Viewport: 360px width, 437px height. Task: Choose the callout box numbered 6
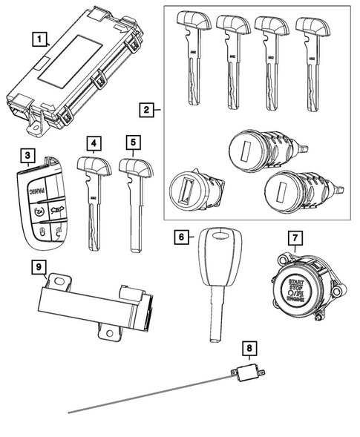click(181, 237)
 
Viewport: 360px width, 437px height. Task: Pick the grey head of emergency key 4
click(93, 167)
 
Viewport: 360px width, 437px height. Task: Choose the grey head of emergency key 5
click(134, 167)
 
